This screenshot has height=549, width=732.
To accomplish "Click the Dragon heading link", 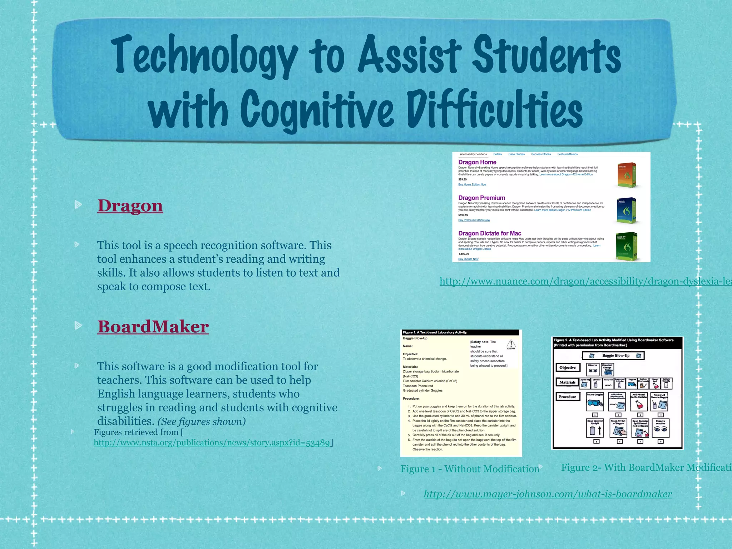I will [130, 206].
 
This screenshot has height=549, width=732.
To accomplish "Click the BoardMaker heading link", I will [153, 327].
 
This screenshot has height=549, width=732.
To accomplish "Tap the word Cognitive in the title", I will [317, 109].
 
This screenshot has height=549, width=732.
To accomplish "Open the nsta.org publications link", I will [212, 443].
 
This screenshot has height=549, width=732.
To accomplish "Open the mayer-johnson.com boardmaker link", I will [548, 494].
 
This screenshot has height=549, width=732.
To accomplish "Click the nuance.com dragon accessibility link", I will [585, 281].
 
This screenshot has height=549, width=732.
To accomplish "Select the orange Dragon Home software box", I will [627, 175].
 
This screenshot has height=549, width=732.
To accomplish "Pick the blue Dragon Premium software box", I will [626, 211].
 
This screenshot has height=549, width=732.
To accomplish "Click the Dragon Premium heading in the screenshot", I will [481, 198].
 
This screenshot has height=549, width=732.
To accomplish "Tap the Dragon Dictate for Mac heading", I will [490, 233].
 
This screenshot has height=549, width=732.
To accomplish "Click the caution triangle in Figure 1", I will [511, 344].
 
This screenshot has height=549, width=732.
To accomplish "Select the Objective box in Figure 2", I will [567, 367].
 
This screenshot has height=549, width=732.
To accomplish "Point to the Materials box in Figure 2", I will [567, 382].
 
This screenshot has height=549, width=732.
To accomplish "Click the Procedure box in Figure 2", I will [567, 397].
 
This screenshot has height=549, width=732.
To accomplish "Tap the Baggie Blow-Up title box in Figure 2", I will [613, 356].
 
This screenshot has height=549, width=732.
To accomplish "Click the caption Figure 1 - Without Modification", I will [470, 469].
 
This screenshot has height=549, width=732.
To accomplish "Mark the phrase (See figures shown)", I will [202, 422].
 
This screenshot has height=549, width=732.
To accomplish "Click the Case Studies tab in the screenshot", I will [516, 154].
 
